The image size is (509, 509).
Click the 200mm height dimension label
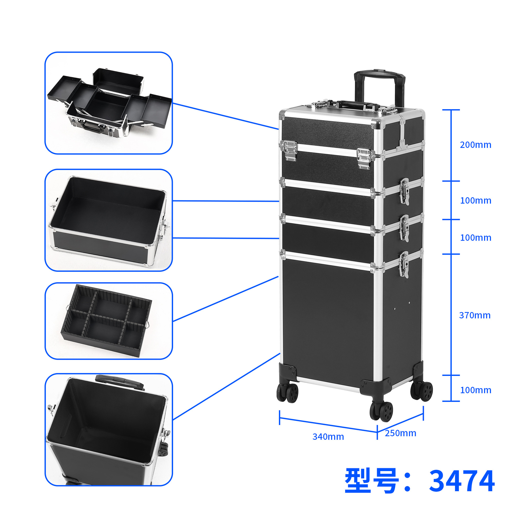pos(475,145)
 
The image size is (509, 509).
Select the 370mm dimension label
pos(475,315)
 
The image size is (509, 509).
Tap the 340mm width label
pos(328,437)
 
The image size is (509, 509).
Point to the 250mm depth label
pos(400,433)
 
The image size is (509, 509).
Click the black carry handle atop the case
pos(350,103)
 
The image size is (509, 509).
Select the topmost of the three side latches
pos(404,191)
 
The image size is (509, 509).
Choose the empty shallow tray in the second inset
pos(108,220)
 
